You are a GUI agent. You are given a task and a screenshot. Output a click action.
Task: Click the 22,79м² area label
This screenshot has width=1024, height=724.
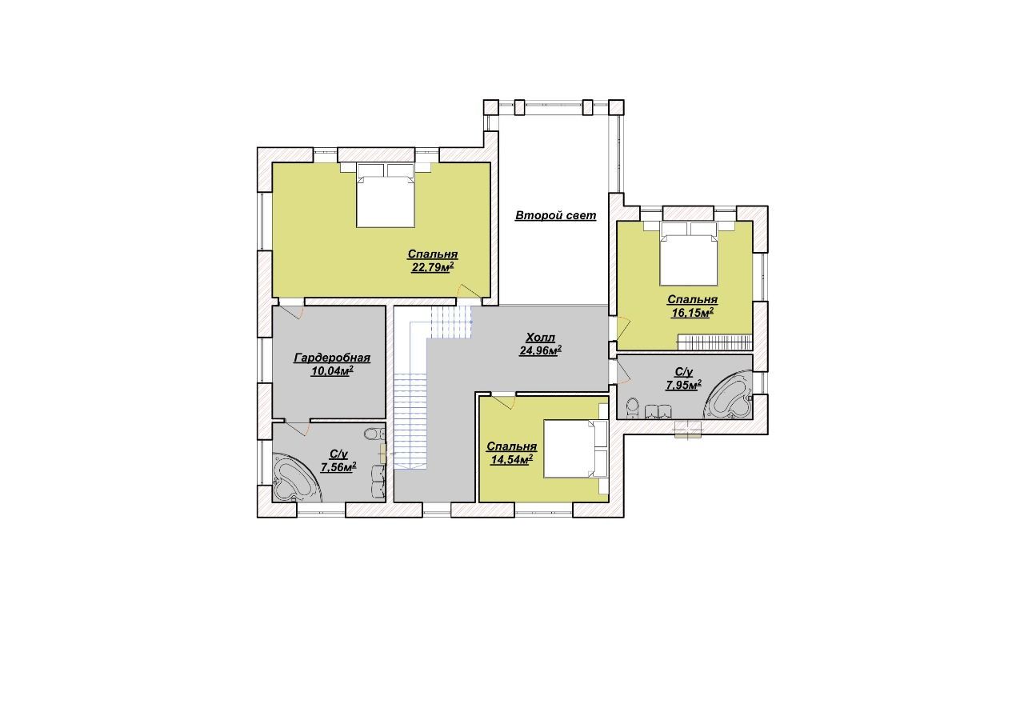pyautogui.click(x=433, y=267)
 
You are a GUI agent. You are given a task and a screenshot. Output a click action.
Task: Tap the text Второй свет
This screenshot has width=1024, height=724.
pyautogui.click(x=555, y=215)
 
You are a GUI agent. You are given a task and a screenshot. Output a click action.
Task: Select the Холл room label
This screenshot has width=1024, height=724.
pyautogui.click(x=540, y=338)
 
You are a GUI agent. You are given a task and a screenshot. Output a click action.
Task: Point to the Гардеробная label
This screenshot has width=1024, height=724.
pyautogui.click(x=331, y=358)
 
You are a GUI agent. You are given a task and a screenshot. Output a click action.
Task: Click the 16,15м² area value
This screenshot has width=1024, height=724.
pyautogui.click(x=692, y=313)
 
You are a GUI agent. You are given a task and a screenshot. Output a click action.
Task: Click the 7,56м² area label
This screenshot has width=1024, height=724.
pyautogui.click(x=338, y=466)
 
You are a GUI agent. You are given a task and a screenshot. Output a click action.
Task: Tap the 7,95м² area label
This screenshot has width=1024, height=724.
pyautogui.click(x=684, y=386)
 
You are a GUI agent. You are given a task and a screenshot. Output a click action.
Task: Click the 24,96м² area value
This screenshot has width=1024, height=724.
pyautogui.click(x=540, y=350)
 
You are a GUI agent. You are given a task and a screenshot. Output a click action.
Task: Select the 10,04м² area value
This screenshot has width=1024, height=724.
pyautogui.click(x=332, y=371)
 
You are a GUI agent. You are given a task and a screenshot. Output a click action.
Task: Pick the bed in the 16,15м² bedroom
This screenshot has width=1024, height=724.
pyautogui.click(x=689, y=254)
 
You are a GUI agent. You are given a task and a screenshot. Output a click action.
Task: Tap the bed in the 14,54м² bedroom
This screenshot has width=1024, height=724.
pyautogui.click(x=575, y=449)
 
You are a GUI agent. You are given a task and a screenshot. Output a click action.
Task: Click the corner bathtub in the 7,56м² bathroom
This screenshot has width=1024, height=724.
pyautogui.click(x=296, y=478)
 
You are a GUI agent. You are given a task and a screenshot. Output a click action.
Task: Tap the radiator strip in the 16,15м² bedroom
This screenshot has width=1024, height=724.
pyautogui.click(x=714, y=342)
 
